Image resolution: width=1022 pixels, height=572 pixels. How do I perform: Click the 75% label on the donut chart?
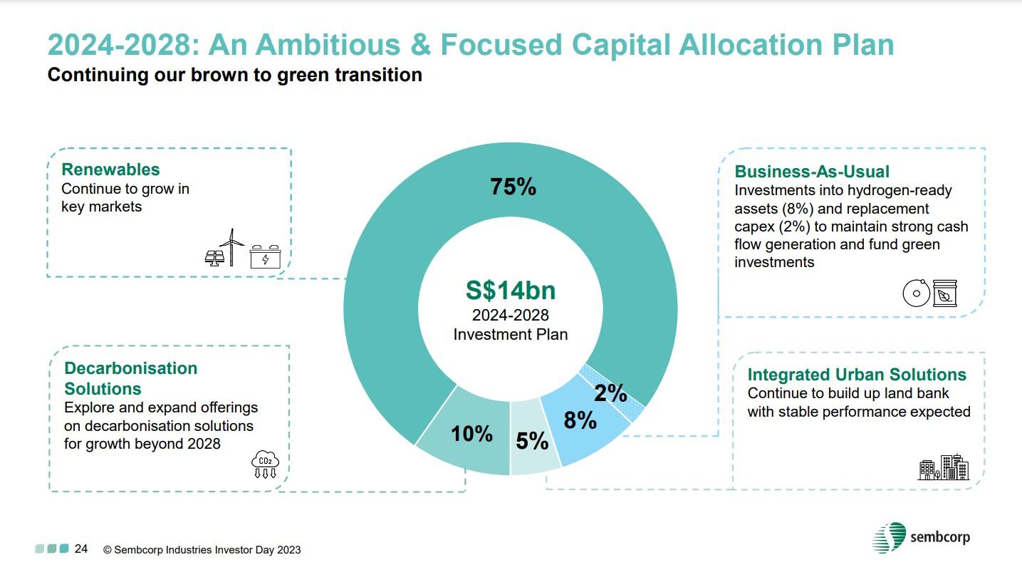(x=512, y=187)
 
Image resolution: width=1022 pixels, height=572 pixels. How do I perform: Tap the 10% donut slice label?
(x=471, y=433)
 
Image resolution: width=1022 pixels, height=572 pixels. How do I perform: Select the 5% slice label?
(x=532, y=442)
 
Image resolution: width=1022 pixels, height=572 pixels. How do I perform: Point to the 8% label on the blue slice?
(x=580, y=420)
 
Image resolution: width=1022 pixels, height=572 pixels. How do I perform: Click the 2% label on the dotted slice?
(x=610, y=392)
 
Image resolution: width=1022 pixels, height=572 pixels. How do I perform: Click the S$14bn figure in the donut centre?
(x=511, y=291)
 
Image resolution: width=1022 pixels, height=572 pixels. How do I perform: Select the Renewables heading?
(x=110, y=170)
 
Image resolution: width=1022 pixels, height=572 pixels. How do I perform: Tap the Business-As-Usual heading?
(x=812, y=172)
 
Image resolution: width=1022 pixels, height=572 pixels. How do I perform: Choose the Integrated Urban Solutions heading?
(x=857, y=375)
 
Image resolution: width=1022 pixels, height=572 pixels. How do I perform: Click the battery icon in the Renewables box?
(x=265, y=257)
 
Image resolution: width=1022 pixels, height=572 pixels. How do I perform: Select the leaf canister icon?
(x=945, y=293)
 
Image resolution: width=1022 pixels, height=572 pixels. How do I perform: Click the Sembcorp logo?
(x=920, y=537)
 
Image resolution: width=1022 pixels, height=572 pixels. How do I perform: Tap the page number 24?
(x=82, y=549)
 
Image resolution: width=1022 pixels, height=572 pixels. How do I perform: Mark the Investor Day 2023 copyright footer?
(x=202, y=550)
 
